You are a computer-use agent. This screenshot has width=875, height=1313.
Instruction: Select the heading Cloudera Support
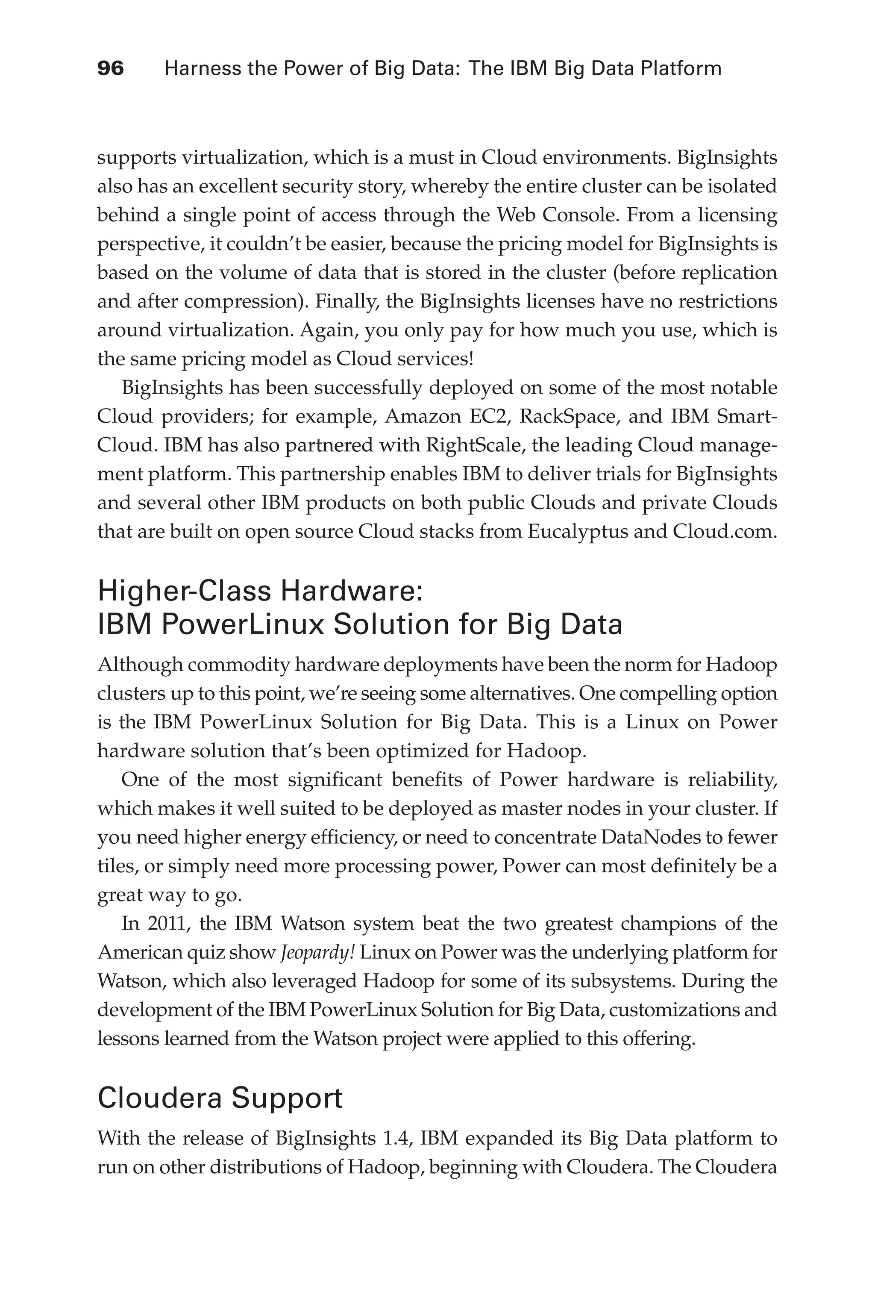220,1098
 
